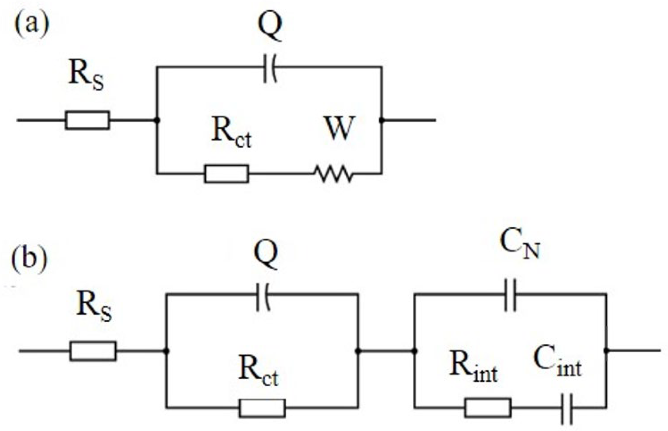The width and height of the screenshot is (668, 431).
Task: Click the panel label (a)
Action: click(x=31, y=24)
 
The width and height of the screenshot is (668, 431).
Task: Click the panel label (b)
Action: click(x=29, y=258)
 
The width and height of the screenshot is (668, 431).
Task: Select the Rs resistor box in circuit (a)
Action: click(x=87, y=120)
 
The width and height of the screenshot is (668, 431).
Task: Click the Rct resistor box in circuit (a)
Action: click(x=226, y=174)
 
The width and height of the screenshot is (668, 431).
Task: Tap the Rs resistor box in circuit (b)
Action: click(x=93, y=351)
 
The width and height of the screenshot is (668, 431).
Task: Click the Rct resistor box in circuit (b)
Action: click(x=262, y=408)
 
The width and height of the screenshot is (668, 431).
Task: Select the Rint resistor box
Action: click(x=488, y=408)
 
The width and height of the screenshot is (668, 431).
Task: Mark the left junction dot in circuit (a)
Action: click(x=157, y=120)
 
